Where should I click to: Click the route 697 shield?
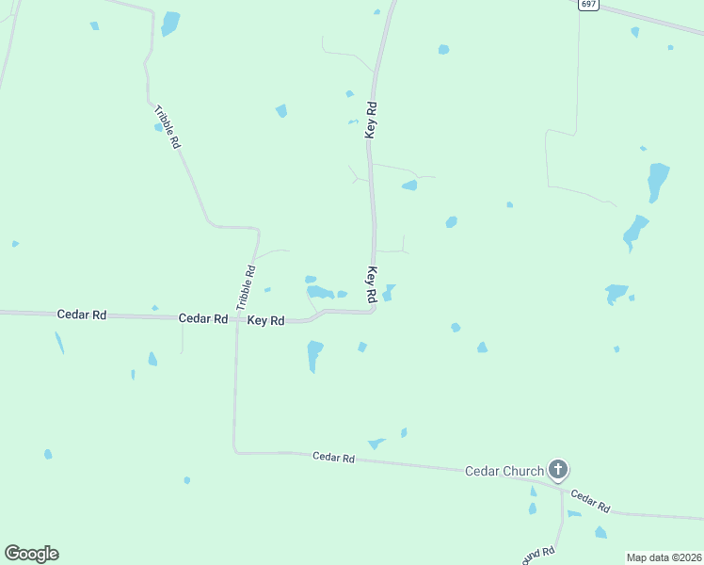588,5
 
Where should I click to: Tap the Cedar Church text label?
504,471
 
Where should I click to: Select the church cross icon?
558,469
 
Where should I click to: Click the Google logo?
31,554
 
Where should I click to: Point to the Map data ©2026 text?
664,557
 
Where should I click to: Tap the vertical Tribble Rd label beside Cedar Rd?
246,288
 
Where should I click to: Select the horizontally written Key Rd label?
265,320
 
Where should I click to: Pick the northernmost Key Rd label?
372,120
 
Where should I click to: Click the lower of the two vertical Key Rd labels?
372,284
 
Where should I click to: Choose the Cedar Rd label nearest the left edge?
81,315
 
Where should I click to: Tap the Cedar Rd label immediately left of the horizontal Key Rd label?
203,319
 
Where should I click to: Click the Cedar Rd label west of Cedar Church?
333,458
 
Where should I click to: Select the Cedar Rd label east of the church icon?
590,501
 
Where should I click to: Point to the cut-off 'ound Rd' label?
537,554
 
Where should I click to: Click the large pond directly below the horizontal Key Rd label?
314,355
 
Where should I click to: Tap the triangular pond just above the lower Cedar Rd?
376,443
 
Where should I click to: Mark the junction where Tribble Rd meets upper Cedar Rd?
237,318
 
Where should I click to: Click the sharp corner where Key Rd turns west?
374,310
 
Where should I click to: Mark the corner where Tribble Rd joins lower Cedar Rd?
234,451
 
